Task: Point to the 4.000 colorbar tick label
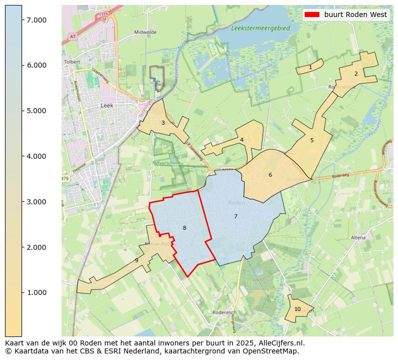(37, 156)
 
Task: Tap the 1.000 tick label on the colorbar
(37, 292)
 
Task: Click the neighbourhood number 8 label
(184, 228)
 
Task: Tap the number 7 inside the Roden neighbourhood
(236, 216)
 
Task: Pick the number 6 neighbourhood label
(270, 175)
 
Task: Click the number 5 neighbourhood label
(312, 140)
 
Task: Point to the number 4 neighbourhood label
(242, 140)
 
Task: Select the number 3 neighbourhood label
(163, 123)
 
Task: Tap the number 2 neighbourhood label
(356, 74)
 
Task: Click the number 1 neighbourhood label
(310, 67)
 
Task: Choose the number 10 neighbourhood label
(297, 309)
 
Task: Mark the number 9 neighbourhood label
(136, 261)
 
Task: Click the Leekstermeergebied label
(261, 29)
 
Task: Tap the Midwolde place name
(145, 32)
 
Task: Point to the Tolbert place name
(72, 62)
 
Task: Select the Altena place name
(358, 237)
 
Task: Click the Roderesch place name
(224, 312)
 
